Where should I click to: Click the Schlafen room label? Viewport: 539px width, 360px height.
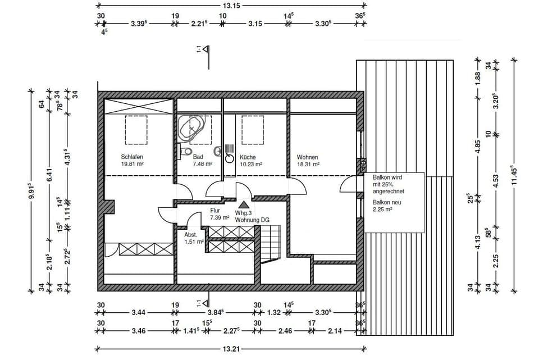133,157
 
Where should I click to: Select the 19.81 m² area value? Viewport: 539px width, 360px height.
134,165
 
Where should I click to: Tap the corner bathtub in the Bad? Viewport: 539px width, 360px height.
192,130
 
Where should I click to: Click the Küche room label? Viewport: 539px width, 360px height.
248,157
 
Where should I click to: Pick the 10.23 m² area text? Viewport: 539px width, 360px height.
252,165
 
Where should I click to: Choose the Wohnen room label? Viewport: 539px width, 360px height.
308,157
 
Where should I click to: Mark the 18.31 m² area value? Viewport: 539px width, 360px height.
308,165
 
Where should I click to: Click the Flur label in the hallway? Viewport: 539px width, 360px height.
214,210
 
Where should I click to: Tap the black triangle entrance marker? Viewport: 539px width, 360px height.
244,206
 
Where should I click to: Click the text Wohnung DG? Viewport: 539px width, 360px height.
252,220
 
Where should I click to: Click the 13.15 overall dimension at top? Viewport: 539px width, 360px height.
231,6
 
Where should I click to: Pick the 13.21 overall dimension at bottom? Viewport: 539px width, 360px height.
231,349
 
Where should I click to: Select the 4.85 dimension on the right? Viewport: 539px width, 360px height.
477,142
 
